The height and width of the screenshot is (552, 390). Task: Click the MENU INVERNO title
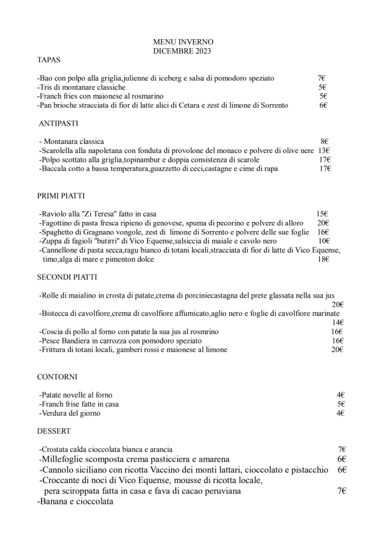[183, 41]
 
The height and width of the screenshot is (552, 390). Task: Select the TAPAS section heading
[48, 60]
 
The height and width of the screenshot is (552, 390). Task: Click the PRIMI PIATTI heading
[61, 196]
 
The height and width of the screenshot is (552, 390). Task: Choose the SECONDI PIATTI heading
[67, 278]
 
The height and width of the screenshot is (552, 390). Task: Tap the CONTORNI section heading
[57, 377]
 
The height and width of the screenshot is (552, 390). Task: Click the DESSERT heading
[54, 431]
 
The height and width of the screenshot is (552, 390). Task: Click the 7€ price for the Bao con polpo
[322, 78]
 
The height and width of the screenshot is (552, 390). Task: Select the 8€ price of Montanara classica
[325, 142]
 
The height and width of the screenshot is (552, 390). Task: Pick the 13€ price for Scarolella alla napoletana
[324, 151]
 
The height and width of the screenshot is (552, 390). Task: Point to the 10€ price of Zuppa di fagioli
[324, 241]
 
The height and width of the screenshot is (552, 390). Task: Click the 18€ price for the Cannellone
[324, 259]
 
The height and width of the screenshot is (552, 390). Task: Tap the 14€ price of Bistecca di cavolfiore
[338, 323]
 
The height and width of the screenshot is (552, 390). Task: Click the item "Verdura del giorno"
[70, 413]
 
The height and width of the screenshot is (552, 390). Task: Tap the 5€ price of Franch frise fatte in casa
[341, 404]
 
